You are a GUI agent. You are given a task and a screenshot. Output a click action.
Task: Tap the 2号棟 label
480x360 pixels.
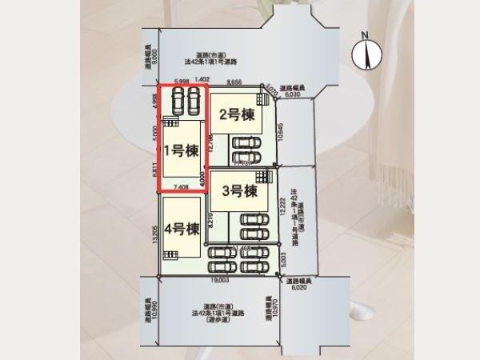click(238, 114)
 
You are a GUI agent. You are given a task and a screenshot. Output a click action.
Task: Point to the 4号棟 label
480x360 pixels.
click(182, 230)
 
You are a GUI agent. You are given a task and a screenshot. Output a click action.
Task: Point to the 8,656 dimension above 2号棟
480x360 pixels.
click(234, 82)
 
